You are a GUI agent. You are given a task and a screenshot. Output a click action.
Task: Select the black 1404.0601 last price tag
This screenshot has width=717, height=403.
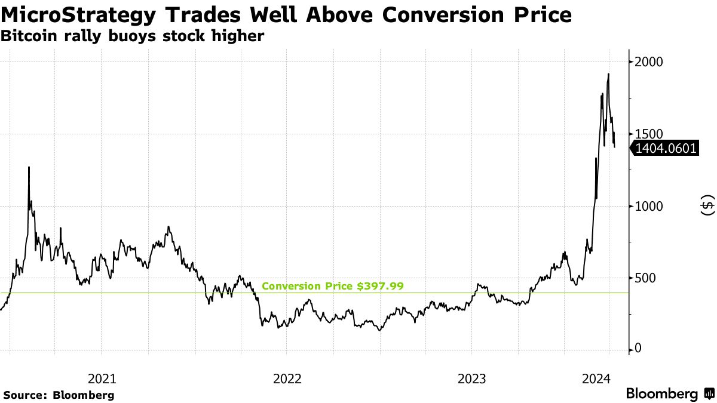point(665,149)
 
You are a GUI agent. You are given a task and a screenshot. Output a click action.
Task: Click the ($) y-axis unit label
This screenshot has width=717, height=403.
point(707,206)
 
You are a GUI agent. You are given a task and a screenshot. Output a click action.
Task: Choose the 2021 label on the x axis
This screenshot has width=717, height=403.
point(102,379)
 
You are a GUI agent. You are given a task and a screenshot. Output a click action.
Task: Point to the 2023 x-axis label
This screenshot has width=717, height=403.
point(471,379)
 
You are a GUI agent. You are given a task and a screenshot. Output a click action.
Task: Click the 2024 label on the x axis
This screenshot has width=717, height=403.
point(595,379)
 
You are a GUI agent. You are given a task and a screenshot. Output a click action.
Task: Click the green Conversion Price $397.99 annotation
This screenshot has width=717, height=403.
point(333,286)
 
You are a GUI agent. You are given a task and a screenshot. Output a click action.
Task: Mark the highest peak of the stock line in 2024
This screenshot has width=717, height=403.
point(608,75)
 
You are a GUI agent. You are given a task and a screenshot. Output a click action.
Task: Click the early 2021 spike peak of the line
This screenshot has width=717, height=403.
point(29,168)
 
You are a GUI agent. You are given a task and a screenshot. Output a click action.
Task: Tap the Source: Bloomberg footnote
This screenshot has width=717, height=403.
point(59,395)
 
